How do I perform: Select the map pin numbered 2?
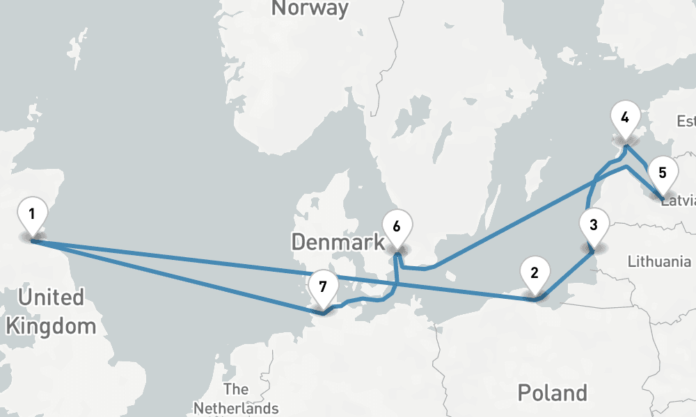535,272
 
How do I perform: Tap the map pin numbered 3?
593,225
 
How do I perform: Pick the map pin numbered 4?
625,117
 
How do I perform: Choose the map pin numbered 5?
663,173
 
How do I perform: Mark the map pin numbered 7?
322,286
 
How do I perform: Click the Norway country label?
310,8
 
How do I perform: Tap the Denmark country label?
338,242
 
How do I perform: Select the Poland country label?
553,393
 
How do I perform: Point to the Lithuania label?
658,262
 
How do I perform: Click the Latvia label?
678,202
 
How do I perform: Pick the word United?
51,298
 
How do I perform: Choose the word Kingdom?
51,326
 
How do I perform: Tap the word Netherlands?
236,408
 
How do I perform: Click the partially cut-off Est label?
686,122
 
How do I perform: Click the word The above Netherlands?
236,389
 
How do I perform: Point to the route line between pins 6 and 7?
369,300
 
